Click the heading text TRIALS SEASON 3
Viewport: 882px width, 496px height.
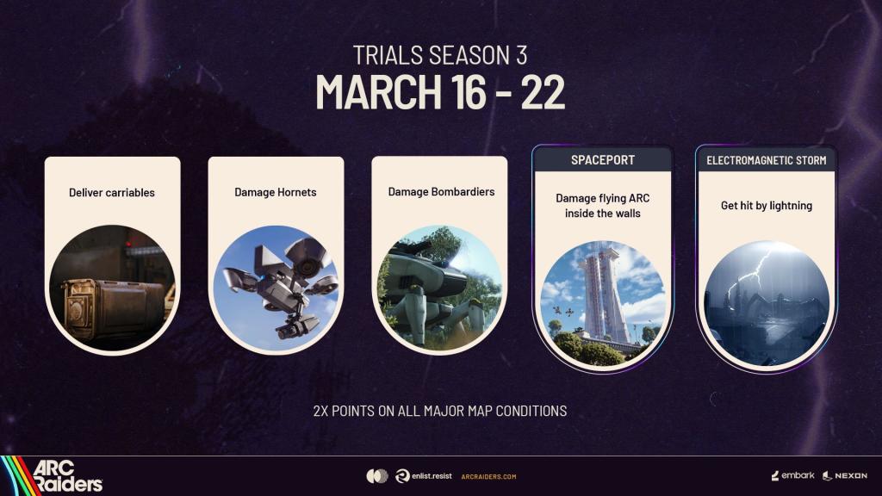pos(440,56)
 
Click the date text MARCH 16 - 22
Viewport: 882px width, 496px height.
pos(440,91)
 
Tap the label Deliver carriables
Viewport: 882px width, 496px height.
pos(112,192)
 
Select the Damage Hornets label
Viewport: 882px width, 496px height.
pos(276,192)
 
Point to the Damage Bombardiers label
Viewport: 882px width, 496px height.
pos(441,191)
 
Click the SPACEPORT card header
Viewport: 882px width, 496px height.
pos(603,160)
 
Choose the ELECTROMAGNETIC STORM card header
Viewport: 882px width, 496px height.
pos(766,160)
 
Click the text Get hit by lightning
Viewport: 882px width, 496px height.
pos(766,206)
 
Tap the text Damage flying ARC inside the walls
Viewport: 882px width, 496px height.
pos(603,206)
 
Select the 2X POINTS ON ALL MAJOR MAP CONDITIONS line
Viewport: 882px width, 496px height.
pos(440,411)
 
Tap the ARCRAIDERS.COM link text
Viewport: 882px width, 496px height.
pos(488,476)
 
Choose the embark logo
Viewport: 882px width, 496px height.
pos(792,475)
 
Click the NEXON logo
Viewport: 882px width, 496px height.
pos(845,475)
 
